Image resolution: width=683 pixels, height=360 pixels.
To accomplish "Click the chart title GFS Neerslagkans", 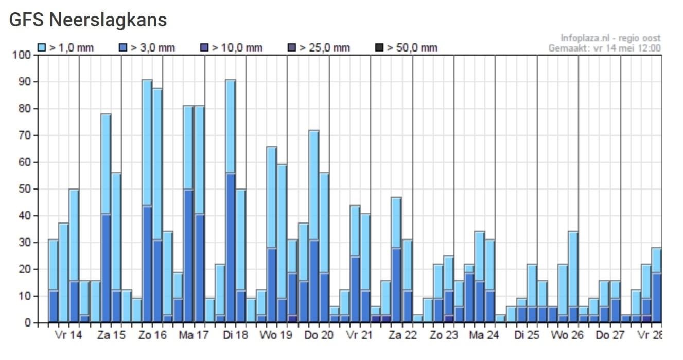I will [88, 20].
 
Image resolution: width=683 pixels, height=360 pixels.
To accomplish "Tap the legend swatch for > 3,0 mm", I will [123, 48].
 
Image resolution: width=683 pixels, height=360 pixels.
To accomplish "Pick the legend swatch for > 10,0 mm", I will [204, 48].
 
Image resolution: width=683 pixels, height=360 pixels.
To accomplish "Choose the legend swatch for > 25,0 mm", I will [292, 48].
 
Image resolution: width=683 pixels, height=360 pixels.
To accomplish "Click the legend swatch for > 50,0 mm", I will [379, 48].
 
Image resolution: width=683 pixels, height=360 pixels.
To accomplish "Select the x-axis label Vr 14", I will [68, 335].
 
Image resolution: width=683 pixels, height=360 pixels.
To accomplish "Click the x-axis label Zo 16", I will [152, 335].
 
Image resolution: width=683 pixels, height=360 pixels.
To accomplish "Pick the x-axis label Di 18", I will [235, 335].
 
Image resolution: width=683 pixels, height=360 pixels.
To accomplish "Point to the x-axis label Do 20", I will [319, 335].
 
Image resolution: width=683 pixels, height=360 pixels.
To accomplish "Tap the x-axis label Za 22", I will [402, 335].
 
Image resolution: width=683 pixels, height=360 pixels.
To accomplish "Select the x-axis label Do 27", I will [610, 335].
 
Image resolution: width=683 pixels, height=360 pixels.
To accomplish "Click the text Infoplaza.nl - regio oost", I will [610, 38].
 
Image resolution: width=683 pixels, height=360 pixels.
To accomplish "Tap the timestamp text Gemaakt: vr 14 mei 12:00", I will [605, 48].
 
